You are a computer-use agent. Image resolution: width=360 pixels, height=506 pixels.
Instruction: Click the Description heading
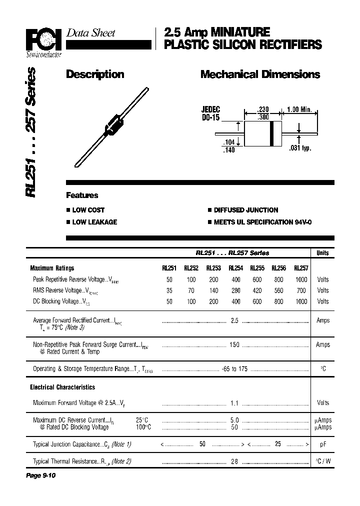coord(95,74)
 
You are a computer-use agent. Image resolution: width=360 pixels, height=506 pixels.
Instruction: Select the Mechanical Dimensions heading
coord(260,74)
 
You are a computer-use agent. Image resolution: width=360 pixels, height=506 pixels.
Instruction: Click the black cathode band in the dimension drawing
coord(271,134)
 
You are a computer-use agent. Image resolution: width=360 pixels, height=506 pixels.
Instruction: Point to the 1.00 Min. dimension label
coord(299,109)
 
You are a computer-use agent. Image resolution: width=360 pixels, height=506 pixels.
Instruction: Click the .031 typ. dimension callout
coord(300,148)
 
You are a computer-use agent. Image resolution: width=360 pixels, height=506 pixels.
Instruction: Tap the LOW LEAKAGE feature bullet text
coord(94,222)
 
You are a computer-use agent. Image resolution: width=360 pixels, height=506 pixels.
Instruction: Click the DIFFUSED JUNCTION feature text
coord(246,210)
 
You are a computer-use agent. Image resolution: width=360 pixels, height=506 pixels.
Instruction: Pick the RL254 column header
coord(235,268)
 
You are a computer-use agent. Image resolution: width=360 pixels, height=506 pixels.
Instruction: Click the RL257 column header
coord(301,268)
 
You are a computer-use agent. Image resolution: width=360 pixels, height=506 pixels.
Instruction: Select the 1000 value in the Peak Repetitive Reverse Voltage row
coord(301,279)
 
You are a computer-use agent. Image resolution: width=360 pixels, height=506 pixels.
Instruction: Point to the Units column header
coord(322,253)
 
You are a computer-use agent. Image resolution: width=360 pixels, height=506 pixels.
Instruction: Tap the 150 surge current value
coord(234,344)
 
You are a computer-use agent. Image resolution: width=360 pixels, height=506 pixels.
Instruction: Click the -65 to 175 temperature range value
coord(234,369)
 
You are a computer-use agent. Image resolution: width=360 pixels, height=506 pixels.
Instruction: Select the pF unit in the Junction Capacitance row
coord(322,444)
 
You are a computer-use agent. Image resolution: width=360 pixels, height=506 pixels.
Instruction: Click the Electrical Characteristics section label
coord(62,387)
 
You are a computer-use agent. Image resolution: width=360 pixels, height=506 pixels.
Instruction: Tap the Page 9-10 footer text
coord(40,475)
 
